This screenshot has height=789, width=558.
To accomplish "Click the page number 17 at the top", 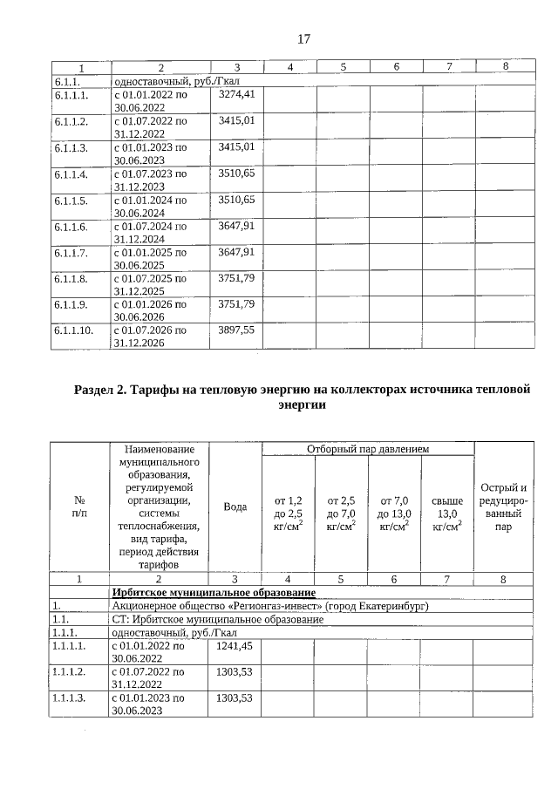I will tap(304, 38).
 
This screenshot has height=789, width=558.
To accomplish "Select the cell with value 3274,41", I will tap(236, 93).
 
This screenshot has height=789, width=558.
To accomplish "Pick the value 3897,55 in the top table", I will tap(236, 331).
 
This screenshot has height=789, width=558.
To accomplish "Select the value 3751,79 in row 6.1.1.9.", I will tap(236, 304).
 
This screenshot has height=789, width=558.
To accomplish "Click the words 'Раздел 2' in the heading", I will tap(103, 389).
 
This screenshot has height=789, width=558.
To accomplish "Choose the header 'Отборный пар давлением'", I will tap(367, 449).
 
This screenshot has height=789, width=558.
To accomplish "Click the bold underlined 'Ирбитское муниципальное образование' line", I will tap(214, 592).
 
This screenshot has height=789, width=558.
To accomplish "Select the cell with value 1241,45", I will tap(234, 646).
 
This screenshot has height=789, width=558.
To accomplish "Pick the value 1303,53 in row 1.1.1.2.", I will tap(234, 672).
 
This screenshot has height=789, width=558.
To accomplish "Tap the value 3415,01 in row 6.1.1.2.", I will tap(236, 119).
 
